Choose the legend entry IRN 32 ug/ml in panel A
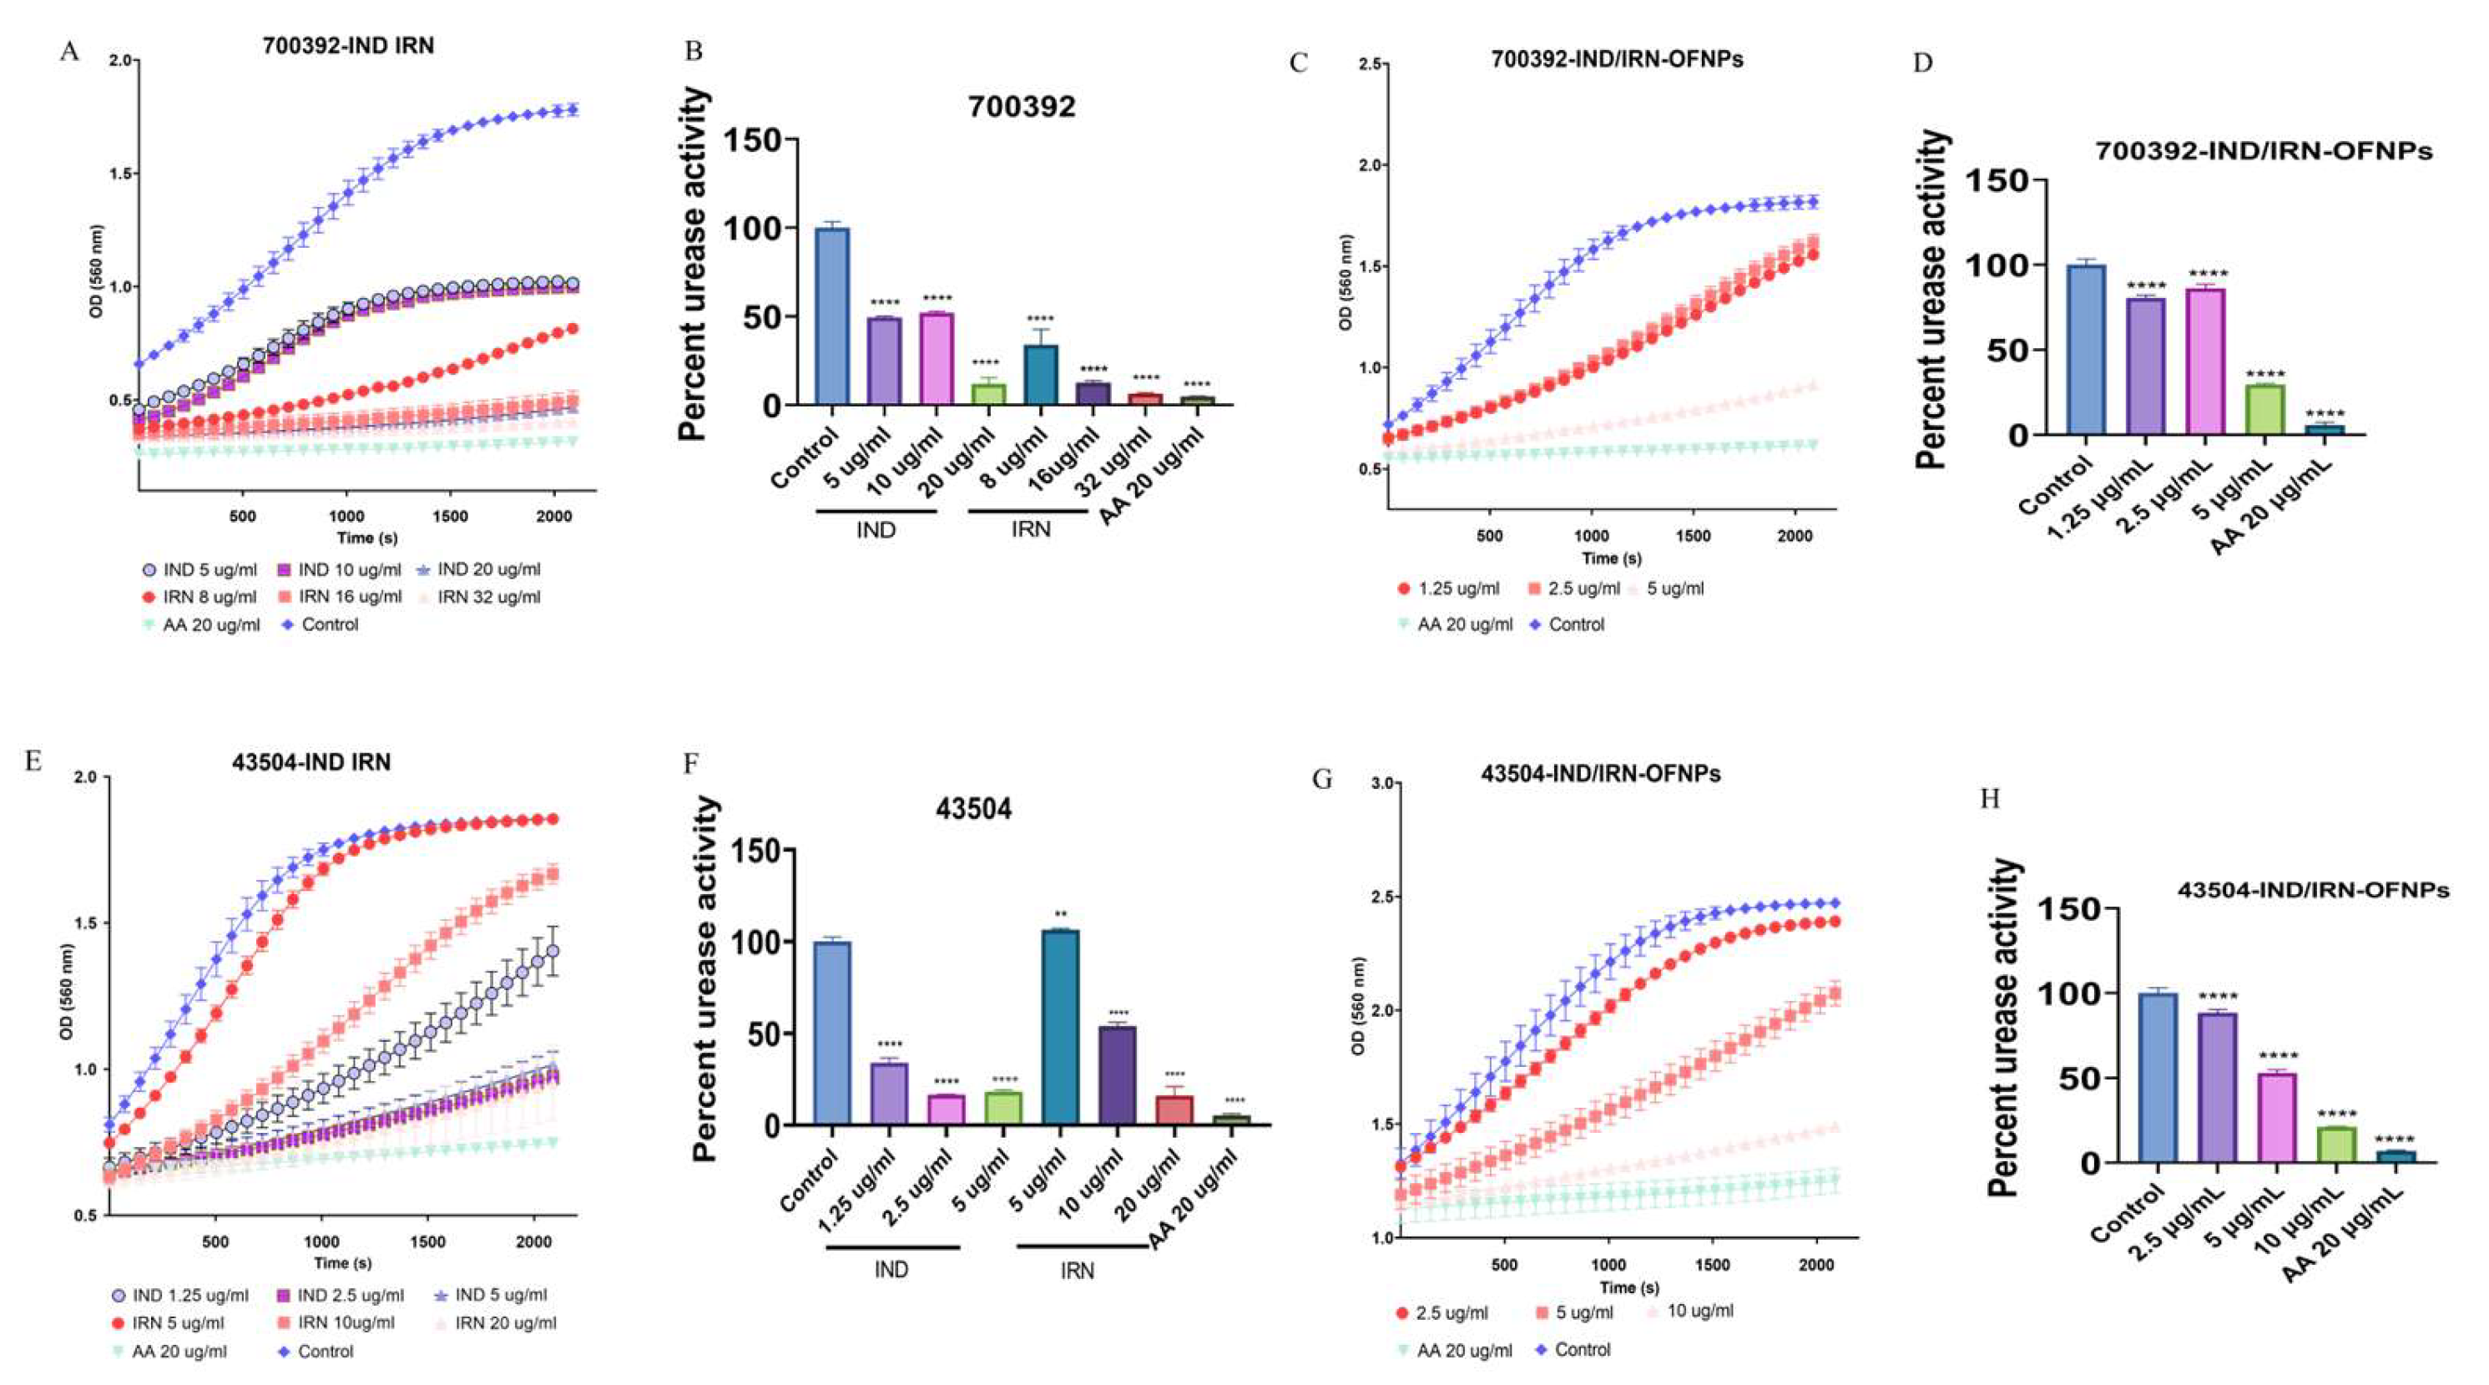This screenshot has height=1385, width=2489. (x=488, y=596)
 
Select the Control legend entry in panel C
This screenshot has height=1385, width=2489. (x=1575, y=624)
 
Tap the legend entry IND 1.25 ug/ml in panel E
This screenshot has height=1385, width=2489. (x=189, y=1294)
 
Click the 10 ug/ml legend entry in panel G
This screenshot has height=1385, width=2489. (x=1699, y=1311)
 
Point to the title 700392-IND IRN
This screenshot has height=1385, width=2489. (x=348, y=45)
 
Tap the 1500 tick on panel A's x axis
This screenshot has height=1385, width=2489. (x=449, y=516)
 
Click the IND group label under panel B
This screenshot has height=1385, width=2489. (x=876, y=529)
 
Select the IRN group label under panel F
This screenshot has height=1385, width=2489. (x=1077, y=1270)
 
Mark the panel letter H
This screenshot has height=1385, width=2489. (x=1990, y=798)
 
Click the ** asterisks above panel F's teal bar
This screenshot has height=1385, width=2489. (x=1060, y=913)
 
